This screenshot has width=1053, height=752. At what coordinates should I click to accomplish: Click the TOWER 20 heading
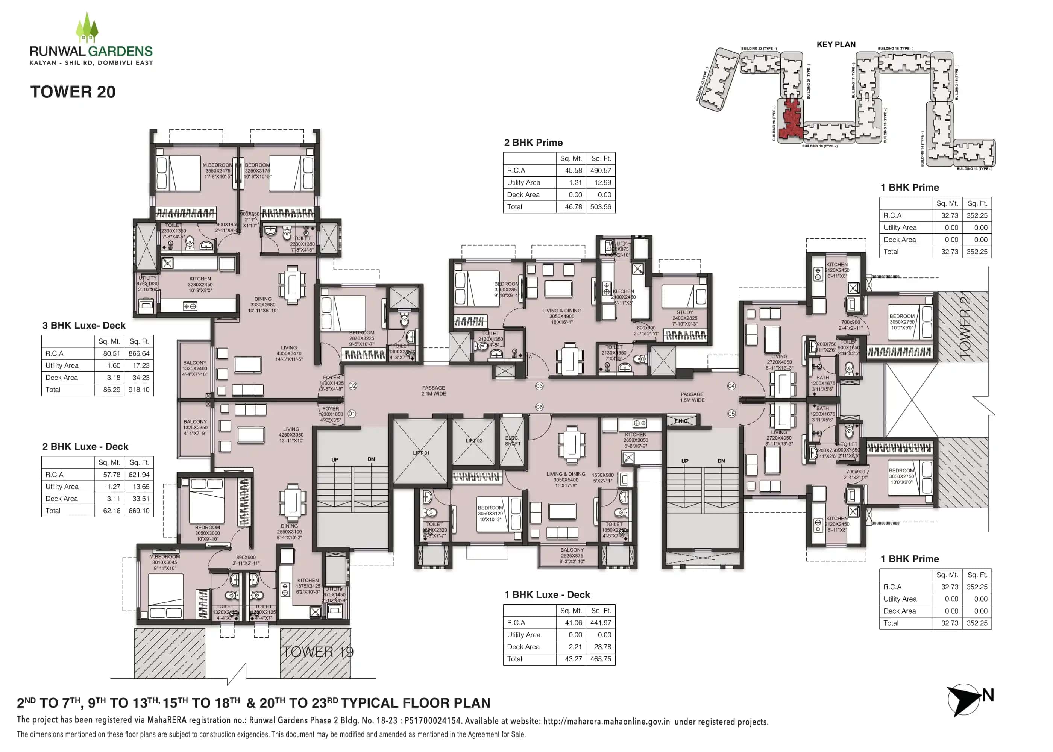tap(73, 92)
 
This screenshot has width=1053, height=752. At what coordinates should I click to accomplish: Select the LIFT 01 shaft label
tap(421, 453)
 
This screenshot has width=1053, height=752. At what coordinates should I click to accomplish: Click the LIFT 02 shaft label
tap(474, 440)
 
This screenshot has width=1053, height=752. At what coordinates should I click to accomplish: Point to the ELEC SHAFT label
tap(512, 440)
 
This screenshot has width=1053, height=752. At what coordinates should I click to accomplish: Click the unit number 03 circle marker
tap(539, 386)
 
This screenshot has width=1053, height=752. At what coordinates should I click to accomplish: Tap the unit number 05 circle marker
tap(731, 414)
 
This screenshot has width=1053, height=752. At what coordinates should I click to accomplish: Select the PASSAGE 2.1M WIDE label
tap(434, 390)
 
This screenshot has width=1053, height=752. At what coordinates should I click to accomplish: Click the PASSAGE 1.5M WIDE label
tap(692, 397)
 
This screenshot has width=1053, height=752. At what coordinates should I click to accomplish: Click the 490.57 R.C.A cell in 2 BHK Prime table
tap(600, 170)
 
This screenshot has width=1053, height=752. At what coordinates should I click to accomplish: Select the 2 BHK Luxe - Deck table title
tap(85, 446)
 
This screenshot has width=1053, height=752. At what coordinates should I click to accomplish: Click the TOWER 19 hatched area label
tap(318, 652)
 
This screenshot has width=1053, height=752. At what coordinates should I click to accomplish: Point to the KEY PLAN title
tap(836, 44)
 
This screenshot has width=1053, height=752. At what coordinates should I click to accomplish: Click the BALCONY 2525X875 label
tap(572, 555)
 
